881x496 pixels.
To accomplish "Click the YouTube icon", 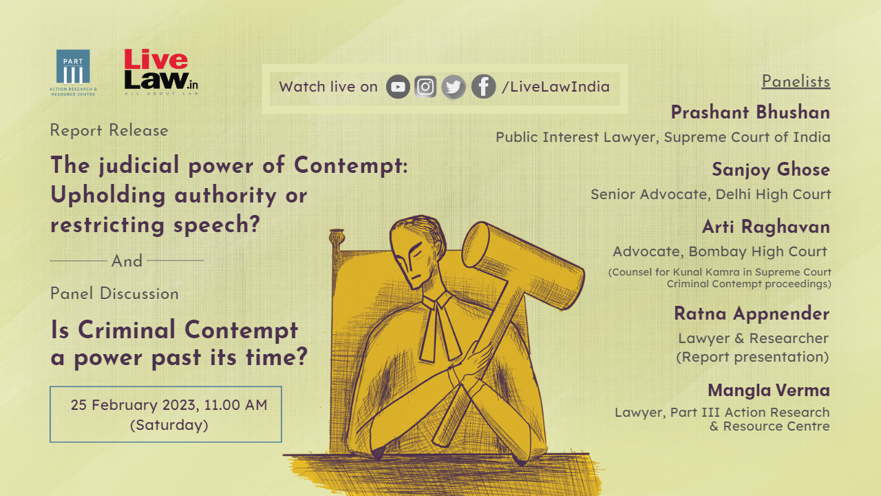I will click(398, 87).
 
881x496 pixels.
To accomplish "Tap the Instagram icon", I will click(426, 87).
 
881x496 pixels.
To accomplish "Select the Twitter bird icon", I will click(454, 87).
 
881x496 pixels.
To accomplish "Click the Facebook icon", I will click(483, 87).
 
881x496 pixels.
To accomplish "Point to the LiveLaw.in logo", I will click(160, 72).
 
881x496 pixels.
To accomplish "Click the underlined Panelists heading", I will click(796, 81).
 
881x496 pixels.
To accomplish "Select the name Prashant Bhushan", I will click(750, 112).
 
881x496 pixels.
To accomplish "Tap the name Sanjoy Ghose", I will click(771, 169).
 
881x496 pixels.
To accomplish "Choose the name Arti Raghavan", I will click(766, 227).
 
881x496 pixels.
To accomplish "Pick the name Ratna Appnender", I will click(752, 313).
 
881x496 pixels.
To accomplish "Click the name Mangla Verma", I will click(769, 391).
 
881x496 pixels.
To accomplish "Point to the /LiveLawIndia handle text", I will click(555, 87).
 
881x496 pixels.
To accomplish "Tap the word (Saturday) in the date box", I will click(169, 425).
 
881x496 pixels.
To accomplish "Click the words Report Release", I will click(109, 130).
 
